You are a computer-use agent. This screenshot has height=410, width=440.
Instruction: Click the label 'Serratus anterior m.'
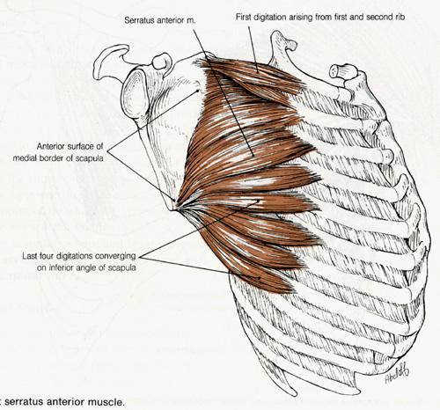[x=160, y=20]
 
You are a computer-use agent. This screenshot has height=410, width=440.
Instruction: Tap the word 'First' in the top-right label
[x=244, y=17]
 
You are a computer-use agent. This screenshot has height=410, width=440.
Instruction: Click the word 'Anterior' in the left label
[x=51, y=146]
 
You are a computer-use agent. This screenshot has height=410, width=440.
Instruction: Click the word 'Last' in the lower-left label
[x=30, y=256]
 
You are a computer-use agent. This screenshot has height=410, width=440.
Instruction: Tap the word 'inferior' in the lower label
[x=62, y=267]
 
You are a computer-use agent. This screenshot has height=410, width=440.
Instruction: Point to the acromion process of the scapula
[x=111, y=60]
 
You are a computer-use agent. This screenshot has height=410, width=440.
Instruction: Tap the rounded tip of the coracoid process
[x=161, y=61]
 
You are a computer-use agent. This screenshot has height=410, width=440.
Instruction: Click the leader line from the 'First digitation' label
[x=253, y=49]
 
